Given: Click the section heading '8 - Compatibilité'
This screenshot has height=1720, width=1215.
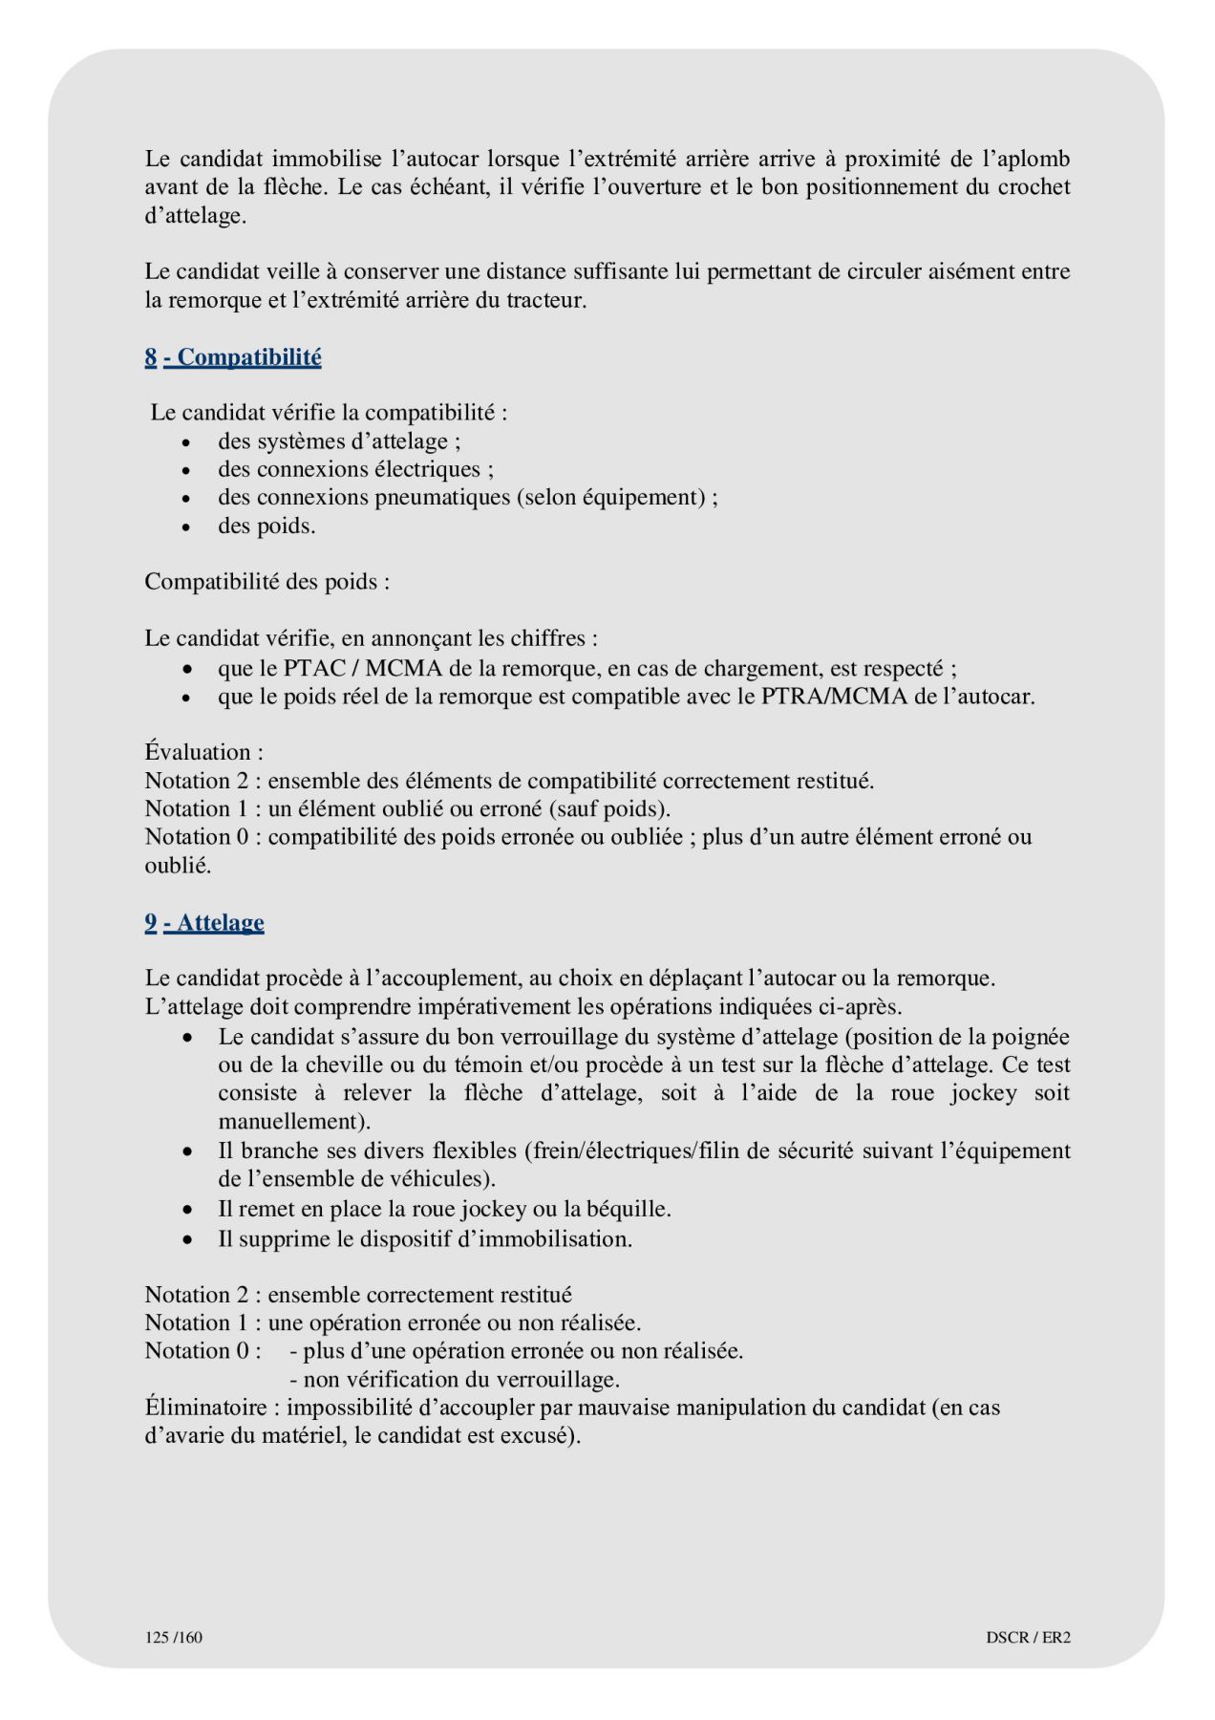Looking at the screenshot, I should [233, 357].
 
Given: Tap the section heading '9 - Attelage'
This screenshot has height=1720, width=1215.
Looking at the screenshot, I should [204, 922].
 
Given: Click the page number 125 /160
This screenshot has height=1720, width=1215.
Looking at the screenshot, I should [174, 1638].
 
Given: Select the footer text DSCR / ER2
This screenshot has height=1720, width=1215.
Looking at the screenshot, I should [1028, 1638].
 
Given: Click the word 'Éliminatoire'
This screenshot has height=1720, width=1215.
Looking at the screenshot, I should [205, 1408].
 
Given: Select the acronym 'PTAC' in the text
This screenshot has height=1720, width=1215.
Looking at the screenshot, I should [314, 668].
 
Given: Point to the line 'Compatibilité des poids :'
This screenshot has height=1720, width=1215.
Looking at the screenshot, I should [267, 582].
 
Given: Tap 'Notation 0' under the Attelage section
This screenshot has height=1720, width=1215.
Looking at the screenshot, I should [197, 1351].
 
